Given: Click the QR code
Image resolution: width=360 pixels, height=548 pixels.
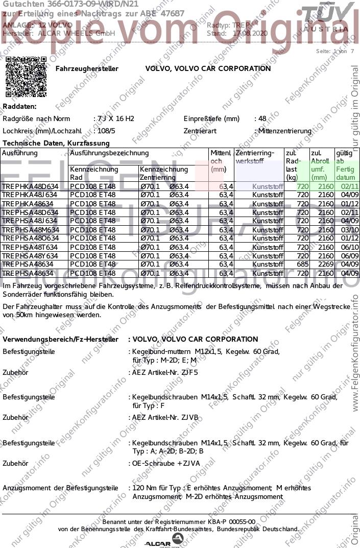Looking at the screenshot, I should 26,77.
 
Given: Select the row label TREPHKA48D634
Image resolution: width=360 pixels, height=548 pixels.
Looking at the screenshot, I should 30,186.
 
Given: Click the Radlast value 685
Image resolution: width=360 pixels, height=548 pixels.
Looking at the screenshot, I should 303,265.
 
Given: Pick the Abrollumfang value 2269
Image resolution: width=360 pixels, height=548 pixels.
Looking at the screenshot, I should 325,265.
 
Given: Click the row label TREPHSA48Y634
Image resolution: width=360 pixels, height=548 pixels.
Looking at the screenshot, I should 30,256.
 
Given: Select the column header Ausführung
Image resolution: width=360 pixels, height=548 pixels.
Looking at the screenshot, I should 20,153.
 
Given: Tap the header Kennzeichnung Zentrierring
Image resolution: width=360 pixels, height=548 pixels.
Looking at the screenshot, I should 163,173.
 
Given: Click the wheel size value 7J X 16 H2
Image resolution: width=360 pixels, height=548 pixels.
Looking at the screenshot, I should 115,119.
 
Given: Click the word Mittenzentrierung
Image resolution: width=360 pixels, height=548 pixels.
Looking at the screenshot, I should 284,131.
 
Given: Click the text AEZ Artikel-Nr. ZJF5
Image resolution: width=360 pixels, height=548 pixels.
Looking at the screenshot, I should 165,372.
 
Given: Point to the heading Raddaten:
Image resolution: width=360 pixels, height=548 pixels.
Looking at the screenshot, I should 19,107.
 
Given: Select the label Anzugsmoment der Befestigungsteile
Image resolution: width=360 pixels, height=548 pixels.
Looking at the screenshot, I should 60,488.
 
